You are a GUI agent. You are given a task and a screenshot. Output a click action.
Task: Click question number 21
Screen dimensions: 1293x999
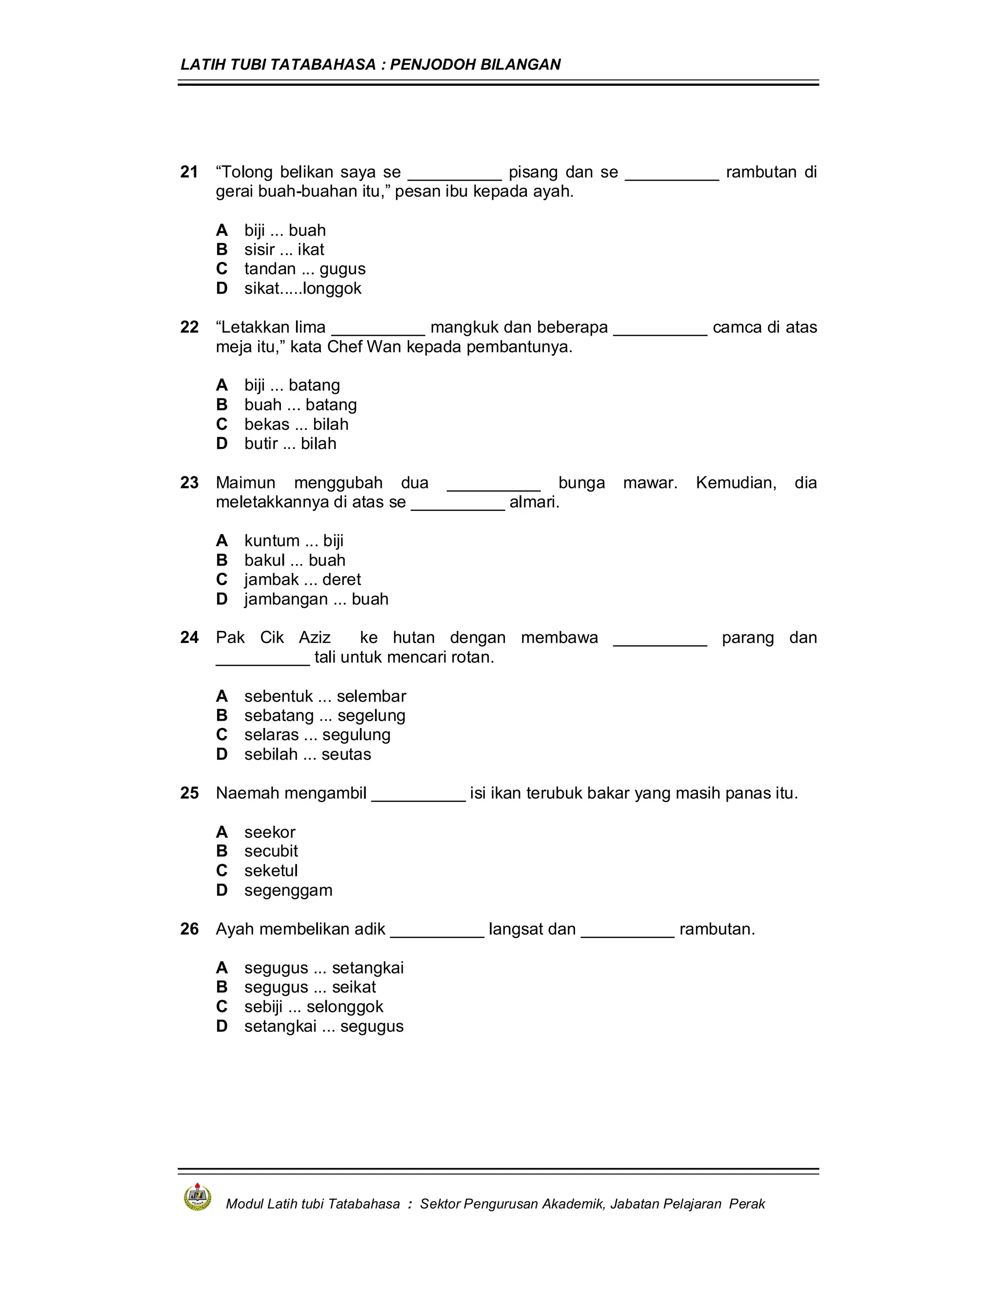click(x=189, y=172)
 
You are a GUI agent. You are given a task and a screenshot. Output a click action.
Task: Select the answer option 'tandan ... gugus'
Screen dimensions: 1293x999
click(x=304, y=269)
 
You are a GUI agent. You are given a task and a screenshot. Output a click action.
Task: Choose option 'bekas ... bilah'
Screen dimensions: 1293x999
click(x=296, y=424)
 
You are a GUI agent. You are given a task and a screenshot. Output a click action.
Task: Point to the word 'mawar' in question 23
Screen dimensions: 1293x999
click(x=649, y=483)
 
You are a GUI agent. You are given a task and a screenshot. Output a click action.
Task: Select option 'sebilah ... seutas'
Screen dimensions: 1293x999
click(x=307, y=754)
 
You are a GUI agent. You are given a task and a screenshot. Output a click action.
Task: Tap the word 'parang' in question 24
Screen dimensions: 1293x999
click(x=747, y=638)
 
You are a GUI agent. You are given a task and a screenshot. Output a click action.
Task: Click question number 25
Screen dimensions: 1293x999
click(x=189, y=793)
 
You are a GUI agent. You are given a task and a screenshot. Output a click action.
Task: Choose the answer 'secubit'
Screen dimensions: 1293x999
click(x=271, y=851)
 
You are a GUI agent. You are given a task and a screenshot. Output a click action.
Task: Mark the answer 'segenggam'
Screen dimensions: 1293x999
click(x=288, y=890)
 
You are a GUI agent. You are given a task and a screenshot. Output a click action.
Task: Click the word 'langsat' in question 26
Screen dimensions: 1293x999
click(x=516, y=929)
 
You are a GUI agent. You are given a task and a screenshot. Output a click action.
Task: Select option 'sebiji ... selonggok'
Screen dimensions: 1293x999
click(x=314, y=1007)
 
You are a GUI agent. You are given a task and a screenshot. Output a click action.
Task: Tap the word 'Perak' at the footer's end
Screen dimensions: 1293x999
click(x=747, y=1204)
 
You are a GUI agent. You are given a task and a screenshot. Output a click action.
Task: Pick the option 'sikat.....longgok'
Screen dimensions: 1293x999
click(x=302, y=288)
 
